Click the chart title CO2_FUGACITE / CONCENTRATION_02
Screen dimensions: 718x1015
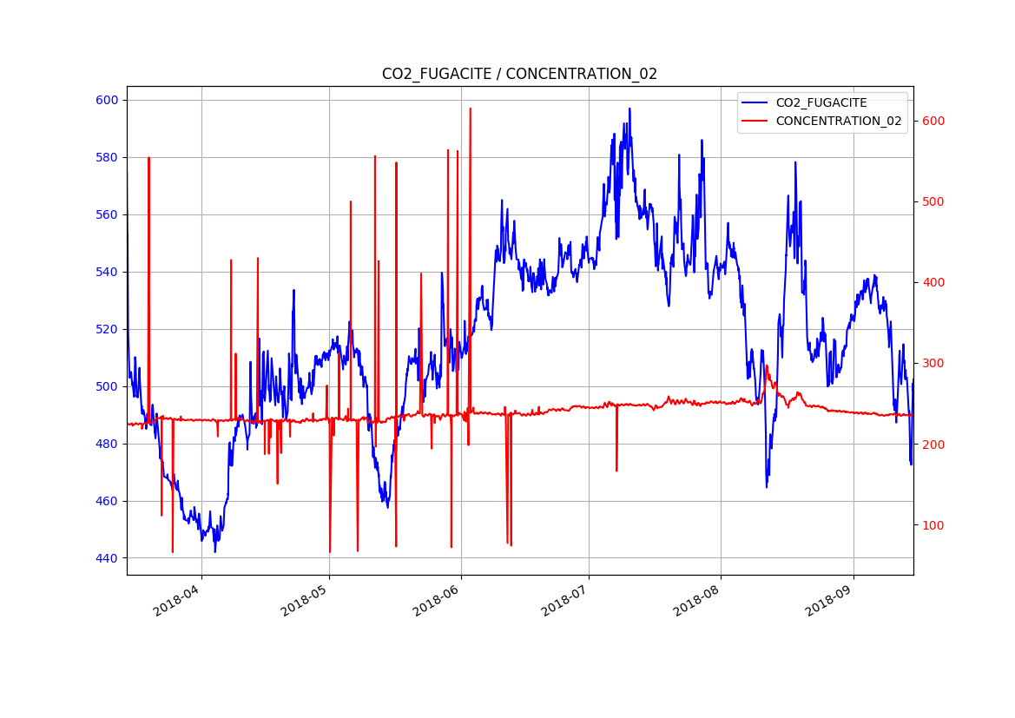(x=519, y=74)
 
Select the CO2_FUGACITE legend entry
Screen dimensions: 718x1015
(x=821, y=102)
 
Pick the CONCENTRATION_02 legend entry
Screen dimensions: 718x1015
(x=838, y=121)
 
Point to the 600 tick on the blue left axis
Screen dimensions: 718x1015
(x=107, y=100)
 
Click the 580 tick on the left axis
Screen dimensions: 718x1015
(x=107, y=157)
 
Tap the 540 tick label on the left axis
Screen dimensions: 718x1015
(x=107, y=272)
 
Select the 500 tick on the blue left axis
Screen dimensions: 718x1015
(x=107, y=386)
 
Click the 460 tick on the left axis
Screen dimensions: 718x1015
(x=107, y=501)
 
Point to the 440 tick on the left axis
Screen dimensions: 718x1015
(x=107, y=558)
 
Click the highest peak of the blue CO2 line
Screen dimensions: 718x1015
(x=629, y=109)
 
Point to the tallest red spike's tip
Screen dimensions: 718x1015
(x=470, y=109)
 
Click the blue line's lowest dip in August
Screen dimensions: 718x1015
(x=767, y=486)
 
